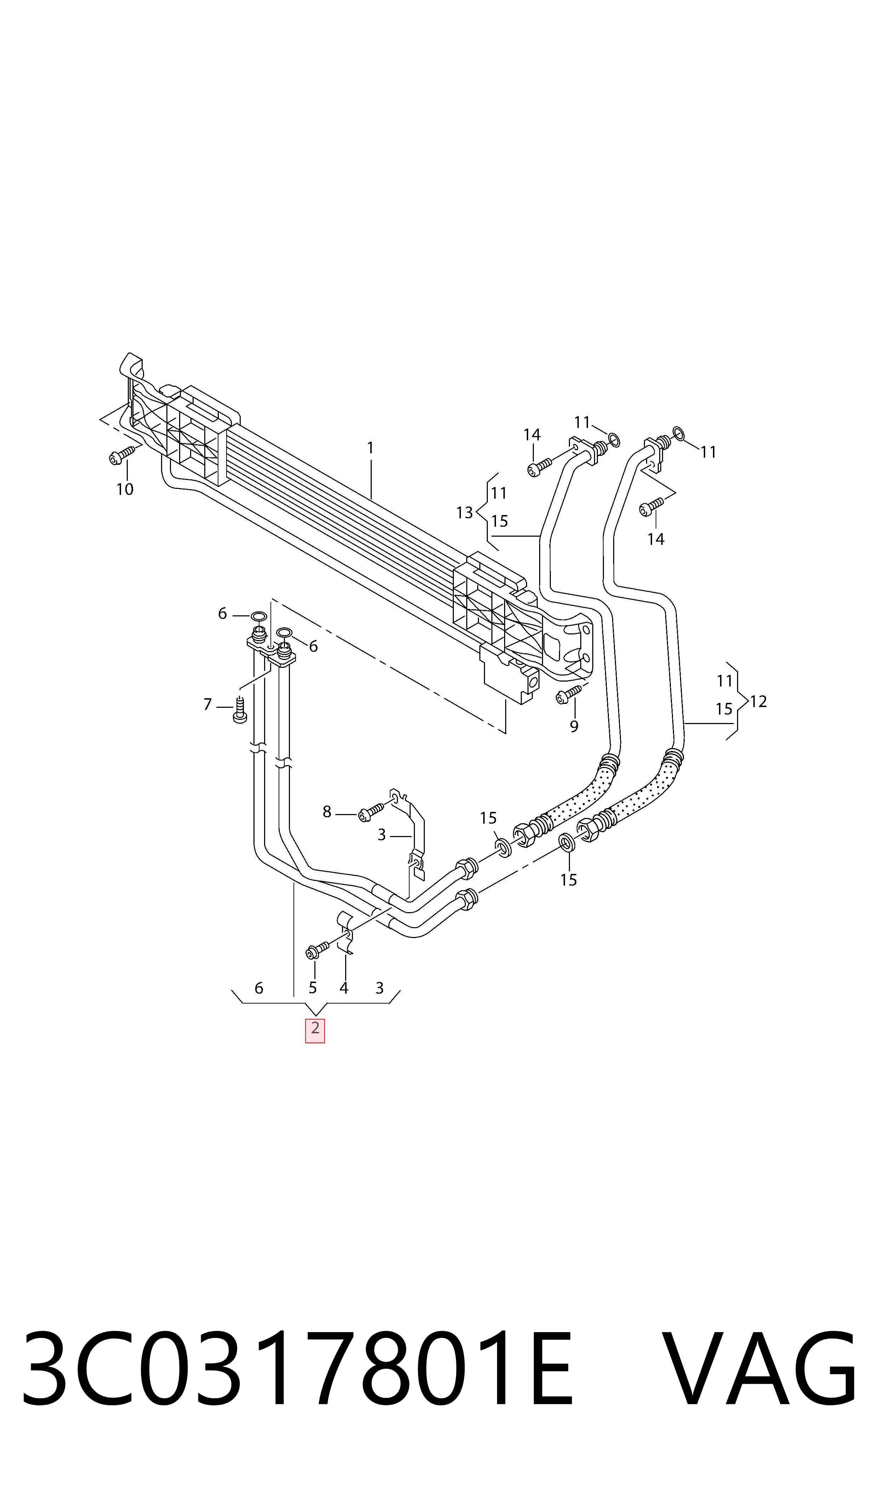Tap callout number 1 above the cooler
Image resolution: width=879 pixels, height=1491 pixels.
(x=370, y=448)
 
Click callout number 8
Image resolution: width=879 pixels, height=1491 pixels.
(x=326, y=812)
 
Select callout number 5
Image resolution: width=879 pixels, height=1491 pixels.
(x=313, y=988)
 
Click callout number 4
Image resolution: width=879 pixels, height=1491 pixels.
(x=343, y=988)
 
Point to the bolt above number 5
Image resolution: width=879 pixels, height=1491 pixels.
(x=317, y=950)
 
